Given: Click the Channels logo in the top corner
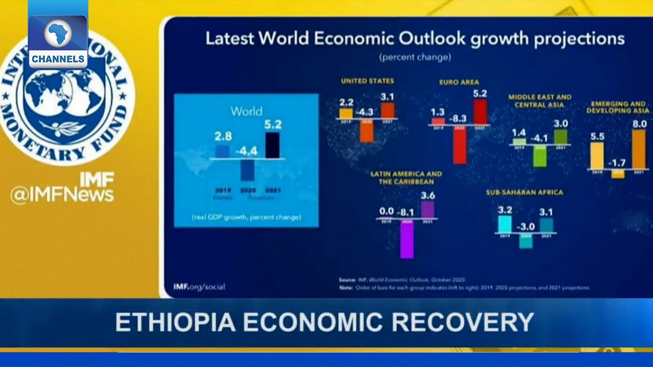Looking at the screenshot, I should (x=58, y=41).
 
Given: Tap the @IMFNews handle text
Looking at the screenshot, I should (x=62, y=195).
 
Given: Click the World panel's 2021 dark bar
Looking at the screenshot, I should (x=272, y=145).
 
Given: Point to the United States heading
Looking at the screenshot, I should (x=367, y=81).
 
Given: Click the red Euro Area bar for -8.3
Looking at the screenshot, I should (x=460, y=144).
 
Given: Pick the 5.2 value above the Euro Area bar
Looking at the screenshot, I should (x=480, y=93).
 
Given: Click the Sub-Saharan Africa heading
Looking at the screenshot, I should (x=524, y=192).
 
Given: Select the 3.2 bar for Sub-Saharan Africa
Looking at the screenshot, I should (x=505, y=224).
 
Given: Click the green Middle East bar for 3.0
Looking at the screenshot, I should (x=560, y=137).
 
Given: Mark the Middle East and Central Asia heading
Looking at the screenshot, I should (x=540, y=100).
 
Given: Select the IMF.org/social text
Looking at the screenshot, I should (x=199, y=286).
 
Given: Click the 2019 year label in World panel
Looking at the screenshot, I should (x=222, y=190).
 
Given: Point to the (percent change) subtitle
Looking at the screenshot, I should (x=414, y=57).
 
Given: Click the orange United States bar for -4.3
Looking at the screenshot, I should (x=366, y=131).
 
